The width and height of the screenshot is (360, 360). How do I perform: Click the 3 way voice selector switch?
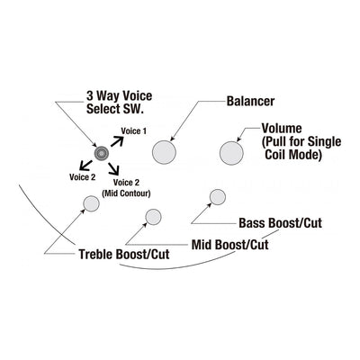(101, 153)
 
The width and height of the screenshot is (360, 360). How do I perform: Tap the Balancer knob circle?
(164, 152)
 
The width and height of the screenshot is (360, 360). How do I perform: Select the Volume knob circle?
(231, 153)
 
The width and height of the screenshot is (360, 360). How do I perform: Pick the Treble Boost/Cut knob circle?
(91, 203)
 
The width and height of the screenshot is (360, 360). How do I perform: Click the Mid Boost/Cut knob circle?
(153, 217)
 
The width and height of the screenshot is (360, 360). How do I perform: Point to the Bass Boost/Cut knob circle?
(217, 197)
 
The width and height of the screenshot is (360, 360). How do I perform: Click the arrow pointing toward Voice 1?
(117, 141)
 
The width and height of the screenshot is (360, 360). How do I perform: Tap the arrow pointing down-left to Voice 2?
(85, 166)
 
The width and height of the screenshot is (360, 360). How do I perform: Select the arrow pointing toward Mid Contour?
(113, 168)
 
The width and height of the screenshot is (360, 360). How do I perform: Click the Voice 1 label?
(134, 131)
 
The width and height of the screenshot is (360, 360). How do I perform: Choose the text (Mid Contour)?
(126, 193)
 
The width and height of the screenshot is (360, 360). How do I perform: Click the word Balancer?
(250, 101)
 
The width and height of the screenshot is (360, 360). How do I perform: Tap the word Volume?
(282, 128)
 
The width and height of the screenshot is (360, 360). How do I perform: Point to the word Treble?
(96, 255)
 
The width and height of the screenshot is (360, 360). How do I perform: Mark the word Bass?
(252, 223)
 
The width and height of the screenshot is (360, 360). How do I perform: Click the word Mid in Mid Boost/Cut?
(202, 245)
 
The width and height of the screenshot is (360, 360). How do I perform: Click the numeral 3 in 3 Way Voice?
(90, 96)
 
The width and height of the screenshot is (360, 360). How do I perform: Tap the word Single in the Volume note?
(325, 141)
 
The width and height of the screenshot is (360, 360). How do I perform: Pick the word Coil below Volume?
(276, 155)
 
